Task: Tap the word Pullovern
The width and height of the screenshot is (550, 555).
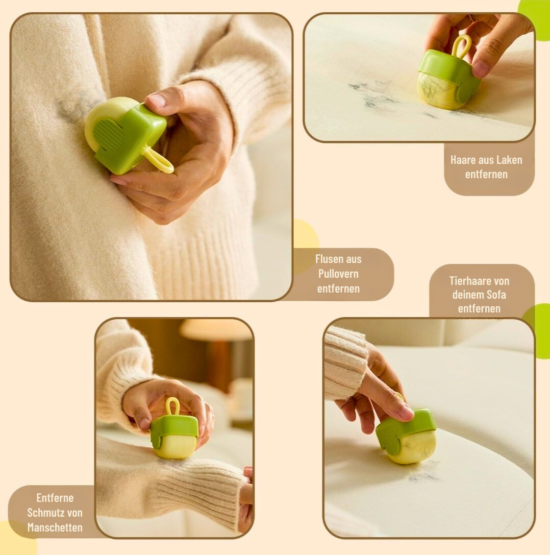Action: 338,274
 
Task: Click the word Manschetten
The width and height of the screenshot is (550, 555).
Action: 55,527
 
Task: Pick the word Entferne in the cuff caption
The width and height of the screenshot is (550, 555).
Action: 55,498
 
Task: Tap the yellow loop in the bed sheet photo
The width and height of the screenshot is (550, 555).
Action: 461,46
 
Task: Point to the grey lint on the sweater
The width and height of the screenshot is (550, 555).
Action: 72,105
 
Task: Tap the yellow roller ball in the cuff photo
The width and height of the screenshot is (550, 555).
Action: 174,447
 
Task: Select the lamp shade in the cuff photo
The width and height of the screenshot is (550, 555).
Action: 216,329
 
